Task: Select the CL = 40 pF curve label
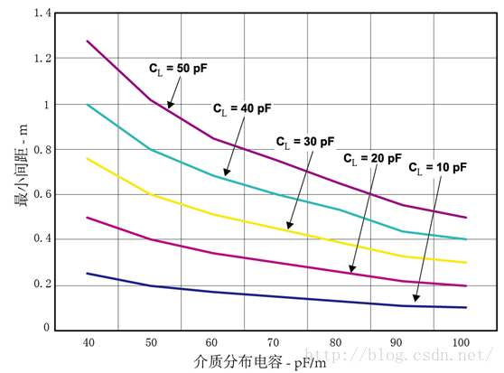242,108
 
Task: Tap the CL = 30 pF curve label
305,142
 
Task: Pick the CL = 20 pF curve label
372,157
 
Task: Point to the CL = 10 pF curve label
437,167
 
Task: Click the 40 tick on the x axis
88,343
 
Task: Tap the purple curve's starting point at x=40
88,41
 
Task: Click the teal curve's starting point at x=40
88,105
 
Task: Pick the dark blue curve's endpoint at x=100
466,307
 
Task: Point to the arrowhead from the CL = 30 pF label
288,227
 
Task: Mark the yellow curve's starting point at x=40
88,159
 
